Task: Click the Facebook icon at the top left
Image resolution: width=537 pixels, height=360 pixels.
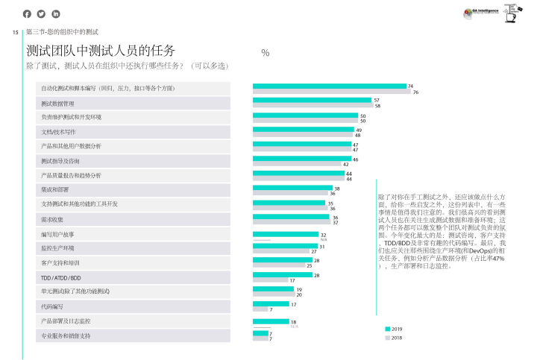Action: [27, 13]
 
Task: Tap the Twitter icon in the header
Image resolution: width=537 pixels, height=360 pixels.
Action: [41, 13]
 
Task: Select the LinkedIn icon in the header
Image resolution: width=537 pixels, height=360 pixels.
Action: [55, 13]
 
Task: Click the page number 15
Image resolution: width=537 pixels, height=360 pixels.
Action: [15, 32]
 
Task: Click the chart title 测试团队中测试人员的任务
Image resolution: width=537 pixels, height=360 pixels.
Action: [101, 51]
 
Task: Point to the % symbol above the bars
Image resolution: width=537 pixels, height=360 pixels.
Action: [266, 52]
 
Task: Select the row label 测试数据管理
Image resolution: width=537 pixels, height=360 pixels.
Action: [57, 103]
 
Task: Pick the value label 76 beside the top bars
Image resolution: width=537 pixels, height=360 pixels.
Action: [416, 92]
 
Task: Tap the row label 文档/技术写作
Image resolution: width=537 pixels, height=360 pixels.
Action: [58, 132]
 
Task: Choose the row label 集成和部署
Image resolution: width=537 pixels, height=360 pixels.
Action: [56, 190]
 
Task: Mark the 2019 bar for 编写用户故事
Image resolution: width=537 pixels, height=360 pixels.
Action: [285, 233]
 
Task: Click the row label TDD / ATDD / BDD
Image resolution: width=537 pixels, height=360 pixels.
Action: [61, 277]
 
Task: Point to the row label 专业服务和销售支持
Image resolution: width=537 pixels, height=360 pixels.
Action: [66, 335]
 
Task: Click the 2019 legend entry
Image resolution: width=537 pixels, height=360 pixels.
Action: [393, 329]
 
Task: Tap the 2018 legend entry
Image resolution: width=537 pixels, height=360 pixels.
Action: [393, 338]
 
